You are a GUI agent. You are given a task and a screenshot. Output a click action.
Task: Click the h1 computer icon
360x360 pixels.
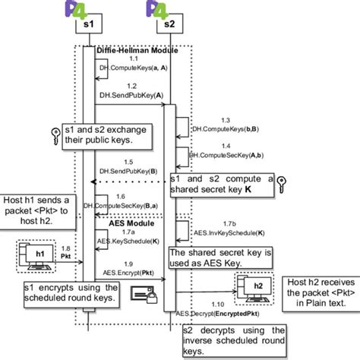click(x=33, y=257)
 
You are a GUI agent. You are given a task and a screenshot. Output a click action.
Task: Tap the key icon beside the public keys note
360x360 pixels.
click(x=53, y=133)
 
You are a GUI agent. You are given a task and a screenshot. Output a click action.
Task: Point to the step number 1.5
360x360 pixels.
click(x=129, y=162)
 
